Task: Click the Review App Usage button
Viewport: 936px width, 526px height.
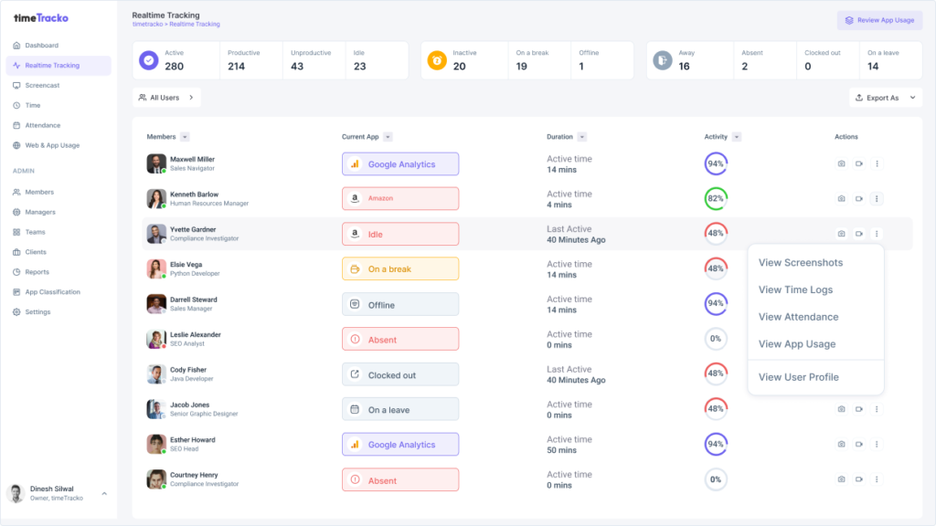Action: [879, 20]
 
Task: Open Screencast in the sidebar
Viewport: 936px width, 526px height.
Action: [41, 85]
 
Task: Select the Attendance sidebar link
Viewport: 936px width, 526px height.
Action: [42, 125]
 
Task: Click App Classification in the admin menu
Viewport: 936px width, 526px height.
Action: [52, 292]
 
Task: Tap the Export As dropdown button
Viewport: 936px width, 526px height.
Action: [885, 98]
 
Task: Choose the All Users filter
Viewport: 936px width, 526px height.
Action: [165, 98]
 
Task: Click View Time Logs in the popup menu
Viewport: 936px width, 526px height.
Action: [795, 289]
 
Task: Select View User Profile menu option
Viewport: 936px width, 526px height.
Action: [798, 376]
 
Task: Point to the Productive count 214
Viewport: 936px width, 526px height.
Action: [236, 67]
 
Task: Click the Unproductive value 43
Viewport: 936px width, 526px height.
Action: [297, 67]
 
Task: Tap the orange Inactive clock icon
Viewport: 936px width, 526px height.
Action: [437, 60]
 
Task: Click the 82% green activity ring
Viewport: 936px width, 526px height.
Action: [716, 198]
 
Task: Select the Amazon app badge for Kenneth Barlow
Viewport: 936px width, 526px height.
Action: [399, 198]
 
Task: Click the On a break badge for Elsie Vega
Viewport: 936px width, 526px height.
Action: [399, 269]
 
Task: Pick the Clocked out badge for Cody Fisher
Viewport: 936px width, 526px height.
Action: [399, 374]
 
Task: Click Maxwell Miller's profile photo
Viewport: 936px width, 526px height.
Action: [156, 163]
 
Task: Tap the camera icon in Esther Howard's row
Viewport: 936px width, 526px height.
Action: [841, 444]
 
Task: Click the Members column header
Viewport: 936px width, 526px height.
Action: [161, 137]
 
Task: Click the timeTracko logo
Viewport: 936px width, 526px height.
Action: [41, 17]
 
